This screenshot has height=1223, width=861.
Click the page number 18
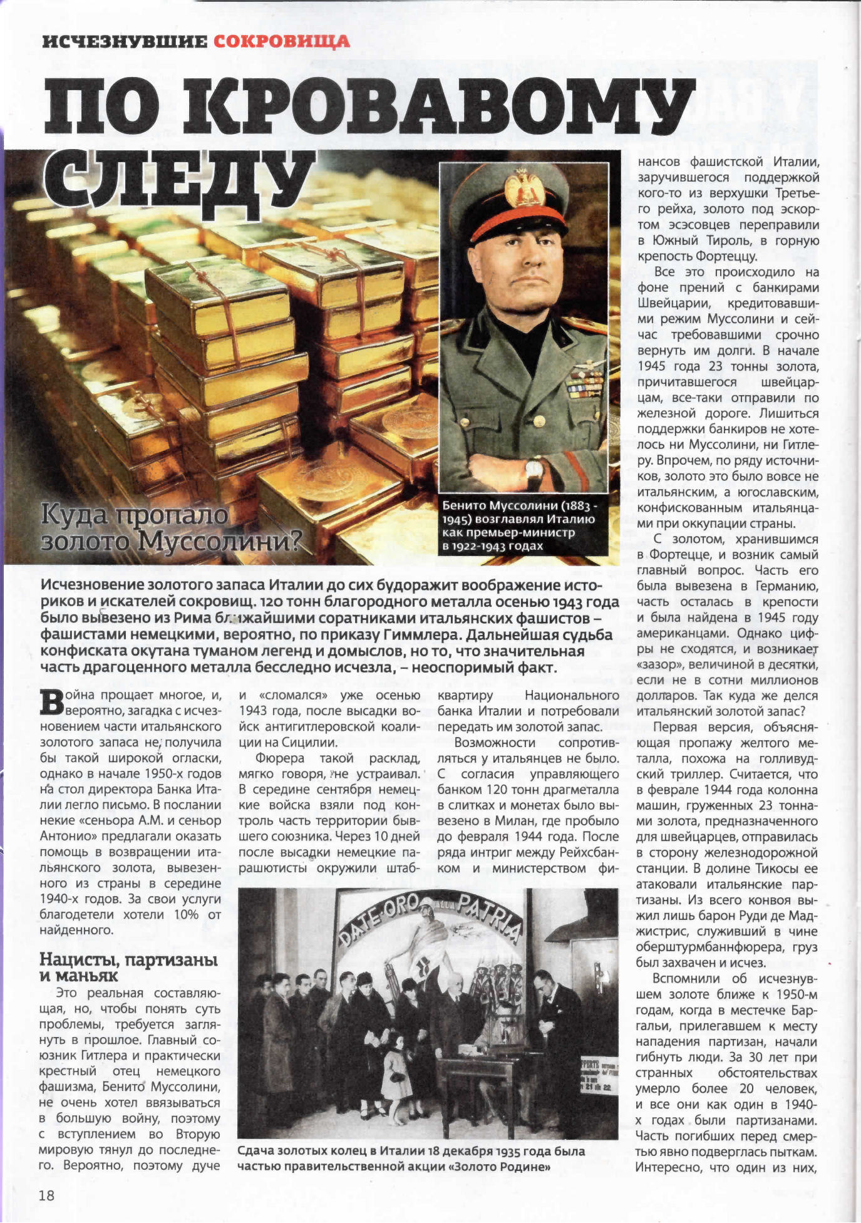47,1195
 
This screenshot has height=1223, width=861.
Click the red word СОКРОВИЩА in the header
281,42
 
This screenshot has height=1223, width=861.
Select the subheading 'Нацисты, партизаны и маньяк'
128,967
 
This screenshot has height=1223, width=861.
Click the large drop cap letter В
52,703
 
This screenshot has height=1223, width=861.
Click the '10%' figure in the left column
185,915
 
